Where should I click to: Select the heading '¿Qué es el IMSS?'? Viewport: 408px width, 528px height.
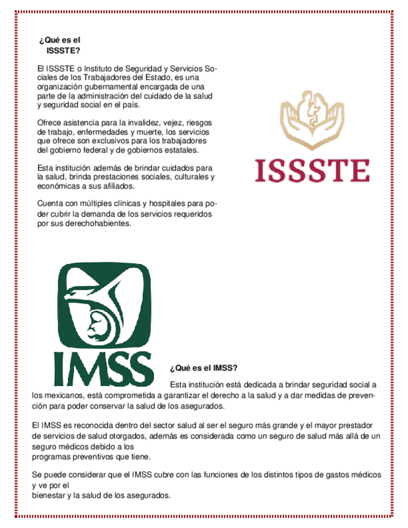203,368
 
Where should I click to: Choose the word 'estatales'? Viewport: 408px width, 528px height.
181,150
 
